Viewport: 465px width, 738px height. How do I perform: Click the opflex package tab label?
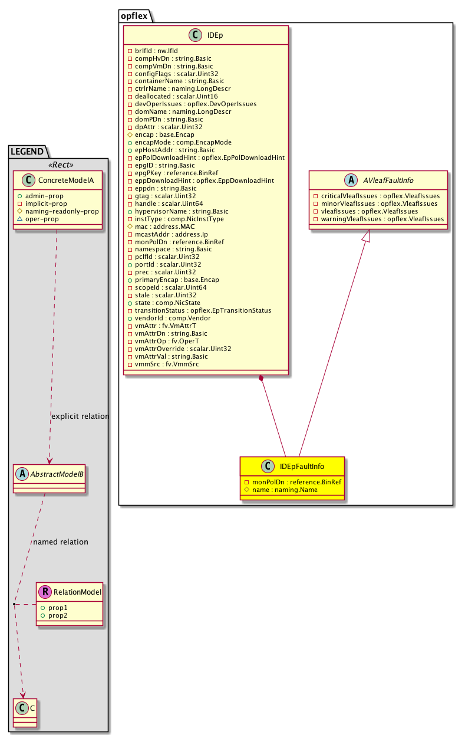[135, 17]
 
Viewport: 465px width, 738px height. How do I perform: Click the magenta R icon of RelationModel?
[45, 592]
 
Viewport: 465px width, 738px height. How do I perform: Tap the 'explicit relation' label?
[80, 416]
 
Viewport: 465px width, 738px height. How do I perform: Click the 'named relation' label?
[61, 542]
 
